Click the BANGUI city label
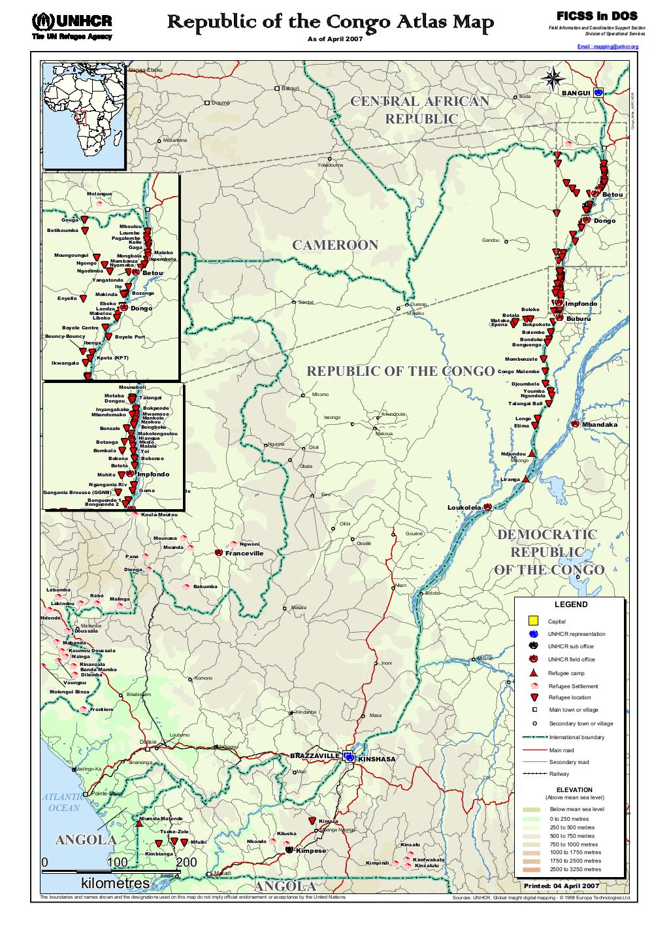(576, 93)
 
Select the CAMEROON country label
(334, 245)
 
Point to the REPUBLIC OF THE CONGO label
(400, 371)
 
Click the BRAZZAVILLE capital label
(315, 756)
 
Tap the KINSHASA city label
(377, 759)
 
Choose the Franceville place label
(244, 553)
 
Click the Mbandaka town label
(599, 425)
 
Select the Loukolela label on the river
(464, 507)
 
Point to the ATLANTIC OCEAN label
(63, 803)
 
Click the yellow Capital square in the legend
(533, 620)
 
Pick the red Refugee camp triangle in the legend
(533, 673)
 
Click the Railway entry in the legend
(559, 774)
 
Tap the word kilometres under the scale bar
(114, 883)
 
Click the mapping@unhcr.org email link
(608, 47)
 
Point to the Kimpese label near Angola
(310, 851)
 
